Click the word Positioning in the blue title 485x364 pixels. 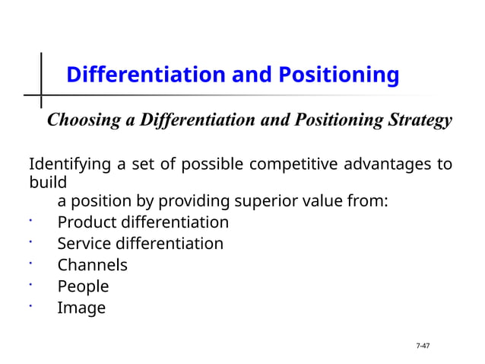pyautogui.click(x=338, y=75)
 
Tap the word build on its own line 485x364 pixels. pyautogui.click(x=47, y=184)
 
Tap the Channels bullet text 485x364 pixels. pyautogui.click(x=92, y=265)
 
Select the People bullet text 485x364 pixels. pyautogui.click(x=83, y=286)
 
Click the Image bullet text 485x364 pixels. pyautogui.click(x=81, y=308)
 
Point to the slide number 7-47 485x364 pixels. pyautogui.click(x=423, y=346)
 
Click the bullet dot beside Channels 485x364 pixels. pyautogui.click(x=30, y=263)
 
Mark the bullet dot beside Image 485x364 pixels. pyautogui.click(x=30, y=305)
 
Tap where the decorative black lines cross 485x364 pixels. pyautogui.click(x=40, y=97)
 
